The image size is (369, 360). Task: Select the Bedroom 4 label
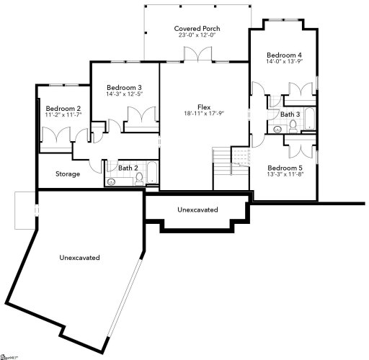pyautogui.click(x=283, y=55)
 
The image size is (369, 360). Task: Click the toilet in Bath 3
pyautogui.click(x=293, y=126)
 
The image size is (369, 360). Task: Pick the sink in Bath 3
pyautogui.click(x=277, y=129)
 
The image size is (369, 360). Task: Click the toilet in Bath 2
pyautogui.click(x=138, y=179)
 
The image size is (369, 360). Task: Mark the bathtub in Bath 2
pyautogui.click(x=153, y=174)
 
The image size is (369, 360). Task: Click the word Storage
pyautogui.click(x=68, y=174)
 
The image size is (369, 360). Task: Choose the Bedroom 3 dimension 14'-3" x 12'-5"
pyautogui.click(x=117, y=92)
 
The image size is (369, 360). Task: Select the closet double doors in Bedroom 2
pyautogui.click(x=56, y=135)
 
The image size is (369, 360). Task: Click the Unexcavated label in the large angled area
pyautogui.click(x=79, y=257)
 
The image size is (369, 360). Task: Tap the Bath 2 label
pyautogui.click(x=128, y=168)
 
